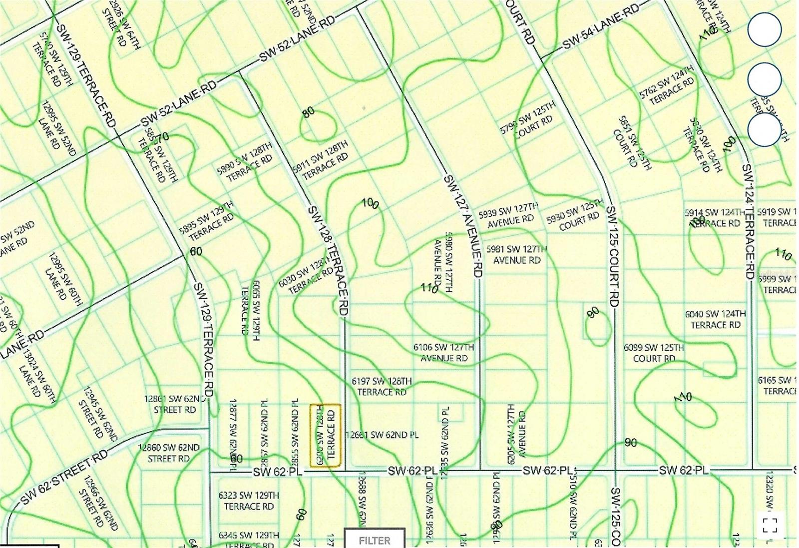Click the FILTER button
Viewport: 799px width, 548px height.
point(375,540)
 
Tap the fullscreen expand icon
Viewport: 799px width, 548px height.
point(770,526)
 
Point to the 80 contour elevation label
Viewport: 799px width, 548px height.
point(309,112)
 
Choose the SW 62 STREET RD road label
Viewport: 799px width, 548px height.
point(65,477)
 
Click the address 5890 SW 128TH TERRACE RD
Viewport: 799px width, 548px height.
point(245,162)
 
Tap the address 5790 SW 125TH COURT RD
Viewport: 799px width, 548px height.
point(528,120)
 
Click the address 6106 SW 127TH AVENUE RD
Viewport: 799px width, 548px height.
point(444,352)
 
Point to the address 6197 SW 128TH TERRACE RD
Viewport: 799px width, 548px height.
point(382,387)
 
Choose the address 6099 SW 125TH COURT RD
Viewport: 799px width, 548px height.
point(654,353)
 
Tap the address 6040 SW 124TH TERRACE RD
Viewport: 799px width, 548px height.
point(716,319)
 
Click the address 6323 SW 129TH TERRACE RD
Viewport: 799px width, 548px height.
point(249,501)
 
